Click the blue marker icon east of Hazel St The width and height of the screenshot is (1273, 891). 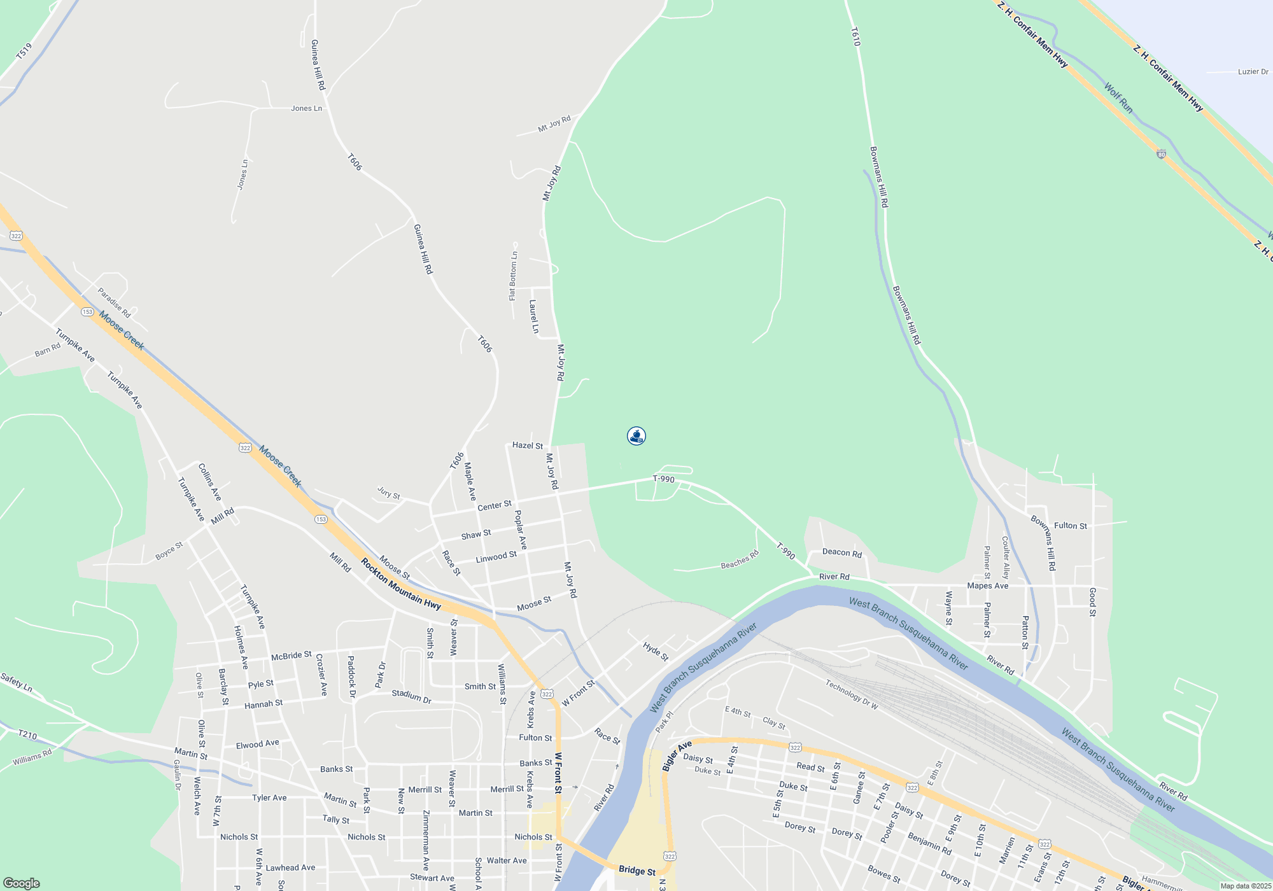tap(636, 436)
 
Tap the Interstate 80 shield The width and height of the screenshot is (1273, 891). tap(1161, 155)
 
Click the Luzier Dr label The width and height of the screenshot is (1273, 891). tap(1253, 72)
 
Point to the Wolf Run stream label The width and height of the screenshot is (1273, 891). tap(1118, 98)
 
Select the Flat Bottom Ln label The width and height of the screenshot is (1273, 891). tap(513, 276)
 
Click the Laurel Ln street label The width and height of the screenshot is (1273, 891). tap(534, 317)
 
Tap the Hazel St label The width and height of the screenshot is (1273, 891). tap(528, 445)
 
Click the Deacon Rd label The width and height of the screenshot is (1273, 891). tap(841, 552)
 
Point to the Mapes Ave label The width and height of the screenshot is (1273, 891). tap(987, 586)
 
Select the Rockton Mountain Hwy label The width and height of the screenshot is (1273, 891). tap(401, 584)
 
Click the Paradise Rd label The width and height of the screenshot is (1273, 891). tap(114, 303)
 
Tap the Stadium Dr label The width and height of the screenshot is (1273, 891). tap(411, 696)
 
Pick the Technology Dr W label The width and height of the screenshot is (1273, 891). tap(852, 694)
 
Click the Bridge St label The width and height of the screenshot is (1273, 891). tap(636, 871)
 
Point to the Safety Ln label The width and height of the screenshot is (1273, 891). tap(17, 682)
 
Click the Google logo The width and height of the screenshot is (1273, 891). tap(22, 883)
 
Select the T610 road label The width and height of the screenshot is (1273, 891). tap(855, 36)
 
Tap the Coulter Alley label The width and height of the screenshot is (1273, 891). tap(1006, 558)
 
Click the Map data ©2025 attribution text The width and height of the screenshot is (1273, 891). tap(1245, 886)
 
